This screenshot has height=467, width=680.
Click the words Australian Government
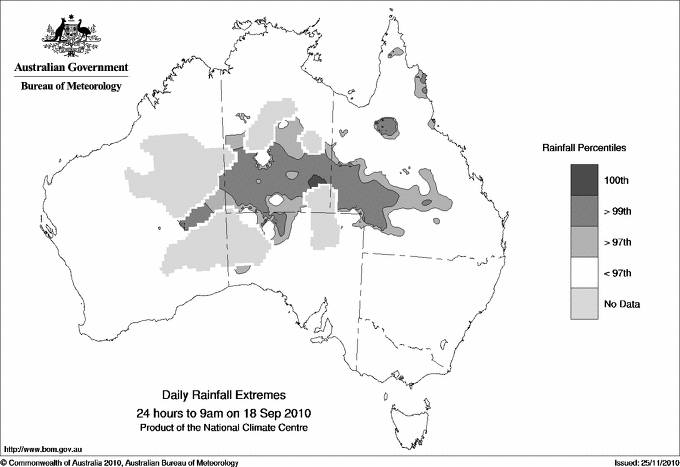click(68, 69)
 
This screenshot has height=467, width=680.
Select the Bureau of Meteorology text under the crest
click(70, 87)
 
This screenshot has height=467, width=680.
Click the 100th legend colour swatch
click(584, 179)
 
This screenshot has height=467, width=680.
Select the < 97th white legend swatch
click(584, 272)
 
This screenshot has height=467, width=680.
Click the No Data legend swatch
click(584, 303)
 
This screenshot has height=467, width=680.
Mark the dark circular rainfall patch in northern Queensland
click(385, 126)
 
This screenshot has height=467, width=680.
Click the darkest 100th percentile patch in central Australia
click(317, 182)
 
